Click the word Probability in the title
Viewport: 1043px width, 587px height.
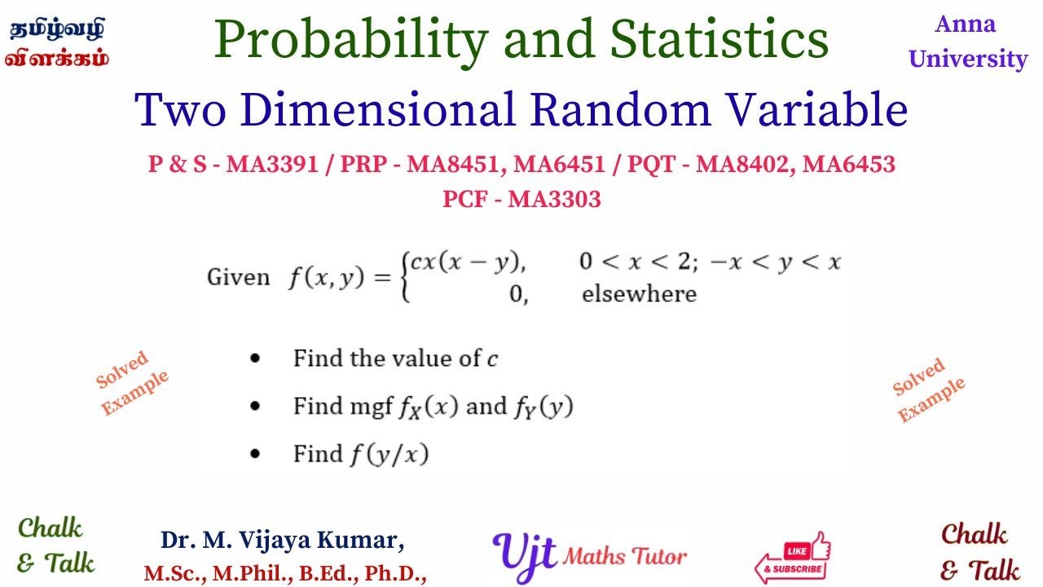pos(351,41)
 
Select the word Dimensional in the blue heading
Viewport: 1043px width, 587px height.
pos(377,110)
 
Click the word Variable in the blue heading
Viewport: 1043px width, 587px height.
pos(816,109)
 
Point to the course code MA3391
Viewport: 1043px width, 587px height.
pos(272,164)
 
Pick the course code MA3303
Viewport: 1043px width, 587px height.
pos(554,199)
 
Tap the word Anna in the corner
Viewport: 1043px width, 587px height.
pos(966,24)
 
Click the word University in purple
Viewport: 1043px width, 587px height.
pos(968,60)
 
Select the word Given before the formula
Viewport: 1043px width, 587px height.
pos(239,277)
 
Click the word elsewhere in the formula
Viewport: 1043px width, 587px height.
pos(639,294)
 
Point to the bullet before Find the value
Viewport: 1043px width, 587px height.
pos(255,358)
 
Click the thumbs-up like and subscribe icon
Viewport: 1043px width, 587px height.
pos(793,557)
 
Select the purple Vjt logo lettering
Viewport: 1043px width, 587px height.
pos(524,556)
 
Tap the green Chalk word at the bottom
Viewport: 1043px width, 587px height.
pos(51,527)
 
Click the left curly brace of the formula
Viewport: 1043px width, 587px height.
pos(406,278)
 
